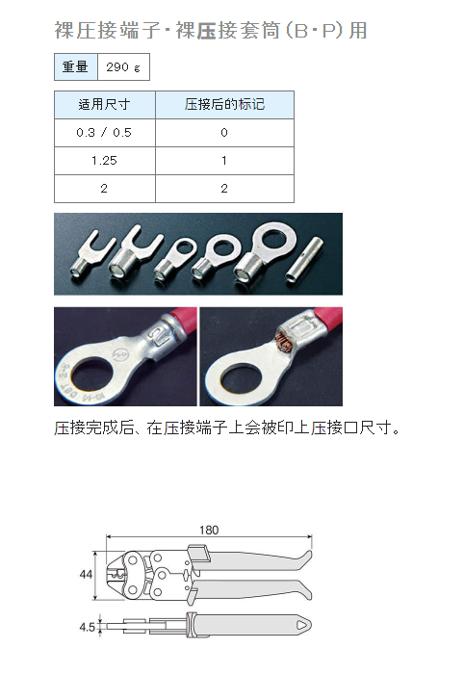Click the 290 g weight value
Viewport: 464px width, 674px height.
[x=123, y=67]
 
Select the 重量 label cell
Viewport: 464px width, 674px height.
[x=76, y=66]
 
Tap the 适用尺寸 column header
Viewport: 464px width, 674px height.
[x=104, y=104]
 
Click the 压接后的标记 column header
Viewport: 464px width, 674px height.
[x=224, y=104]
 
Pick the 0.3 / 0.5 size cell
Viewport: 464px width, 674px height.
[x=104, y=133]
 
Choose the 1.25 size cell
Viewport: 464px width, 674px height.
[x=104, y=161]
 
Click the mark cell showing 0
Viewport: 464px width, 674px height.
[x=224, y=133]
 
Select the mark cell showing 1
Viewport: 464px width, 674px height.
[x=224, y=161]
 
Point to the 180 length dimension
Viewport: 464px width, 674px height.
[x=209, y=530]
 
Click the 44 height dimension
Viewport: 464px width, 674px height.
[x=86, y=574]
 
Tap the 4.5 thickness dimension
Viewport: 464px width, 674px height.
[x=87, y=627]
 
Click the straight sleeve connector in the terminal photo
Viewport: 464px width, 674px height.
[x=305, y=260]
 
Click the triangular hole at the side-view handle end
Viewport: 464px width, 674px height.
[x=302, y=626]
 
